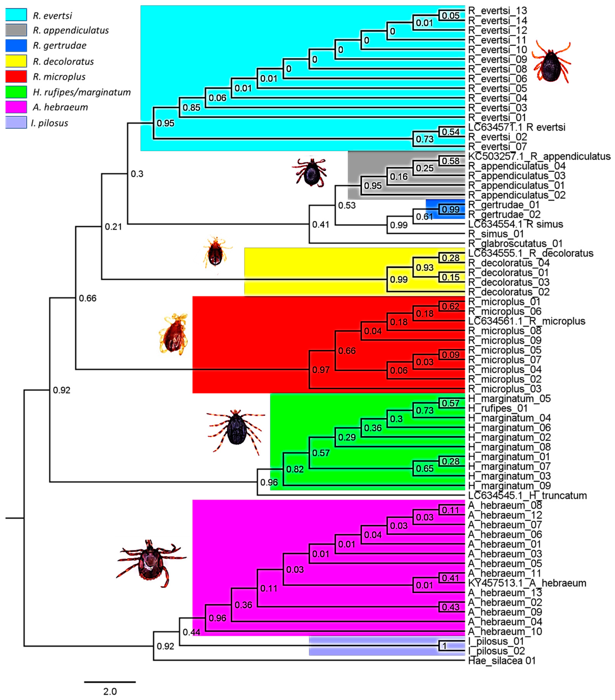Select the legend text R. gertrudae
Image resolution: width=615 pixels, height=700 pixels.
pyautogui.click(x=59, y=45)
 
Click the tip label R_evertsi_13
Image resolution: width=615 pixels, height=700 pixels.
pyautogui.click(x=497, y=11)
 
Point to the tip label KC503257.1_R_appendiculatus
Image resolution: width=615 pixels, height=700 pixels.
pyautogui.click(x=539, y=156)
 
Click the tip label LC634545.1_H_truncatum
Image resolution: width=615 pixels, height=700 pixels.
pyautogui.click(x=527, y=496)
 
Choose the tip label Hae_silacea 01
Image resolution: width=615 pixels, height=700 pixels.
pyautogui.click(x=502, y=661)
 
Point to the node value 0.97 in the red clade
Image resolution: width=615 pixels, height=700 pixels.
pyautogui.click(x=321, y=370)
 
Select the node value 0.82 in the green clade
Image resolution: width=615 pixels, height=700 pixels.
pyautogui.click(x=294, y=469)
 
